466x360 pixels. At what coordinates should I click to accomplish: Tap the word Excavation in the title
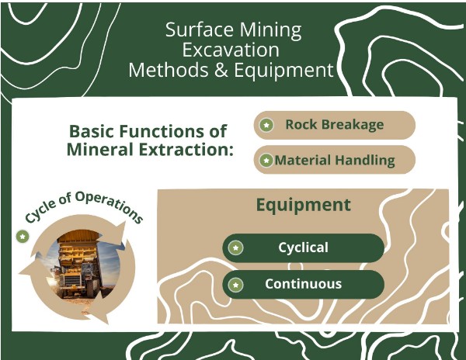[x=232, y=50]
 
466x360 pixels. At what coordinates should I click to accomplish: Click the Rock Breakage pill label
[x=334, y=125]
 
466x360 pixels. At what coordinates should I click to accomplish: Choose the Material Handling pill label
[x=334, y=161]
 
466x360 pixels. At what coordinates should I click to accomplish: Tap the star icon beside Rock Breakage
[x=266, y=125]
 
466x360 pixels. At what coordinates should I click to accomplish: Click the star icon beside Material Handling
[x=266, y=161]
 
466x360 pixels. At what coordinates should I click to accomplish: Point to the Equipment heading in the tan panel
[x=303, y=206]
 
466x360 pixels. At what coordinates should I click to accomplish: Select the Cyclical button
[x=303, y=248]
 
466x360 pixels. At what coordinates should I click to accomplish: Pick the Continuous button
[x=303, y=284]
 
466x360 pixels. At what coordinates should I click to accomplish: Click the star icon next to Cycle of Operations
[x=23, y=236]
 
